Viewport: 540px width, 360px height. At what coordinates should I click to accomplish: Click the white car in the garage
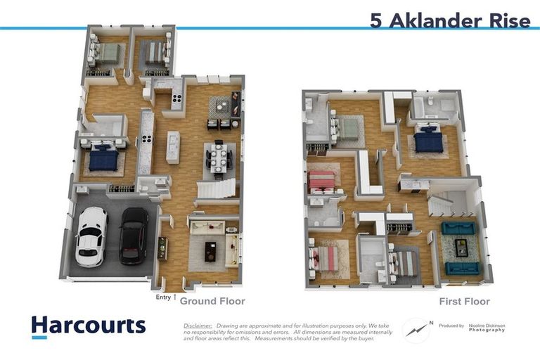(x=91, y=236)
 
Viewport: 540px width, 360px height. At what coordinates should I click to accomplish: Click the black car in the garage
(x=134, y=236)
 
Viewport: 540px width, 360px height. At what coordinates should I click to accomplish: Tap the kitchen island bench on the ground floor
(x=173, y=147)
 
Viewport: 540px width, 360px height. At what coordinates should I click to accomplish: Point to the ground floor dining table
(x=217, y=158)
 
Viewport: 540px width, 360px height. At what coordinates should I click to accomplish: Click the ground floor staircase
(x=216, y=188)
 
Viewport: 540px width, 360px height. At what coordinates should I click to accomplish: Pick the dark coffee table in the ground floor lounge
(x=210, y=251)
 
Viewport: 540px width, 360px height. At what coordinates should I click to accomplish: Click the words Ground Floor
(x=212, y=301)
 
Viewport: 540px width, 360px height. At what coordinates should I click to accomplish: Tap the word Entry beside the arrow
(x=163, y=297)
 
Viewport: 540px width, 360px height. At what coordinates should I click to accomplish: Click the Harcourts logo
(x=88, y=326)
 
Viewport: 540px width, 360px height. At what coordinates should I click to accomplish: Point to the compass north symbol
(x=416, y=329)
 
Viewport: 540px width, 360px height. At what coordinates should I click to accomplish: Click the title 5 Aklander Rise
(x=450, y=20)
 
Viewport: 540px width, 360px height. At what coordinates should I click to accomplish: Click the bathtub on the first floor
(x=424, y=107)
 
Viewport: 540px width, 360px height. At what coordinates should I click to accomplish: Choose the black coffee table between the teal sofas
(x=461, y=247)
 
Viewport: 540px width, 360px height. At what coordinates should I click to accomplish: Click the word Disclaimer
(x=198, y=326)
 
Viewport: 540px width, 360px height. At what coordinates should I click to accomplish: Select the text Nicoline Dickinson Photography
(x=486, y=328)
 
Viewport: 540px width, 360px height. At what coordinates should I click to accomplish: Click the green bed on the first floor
(x=349, y=129)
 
